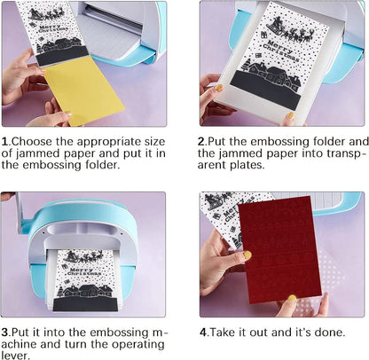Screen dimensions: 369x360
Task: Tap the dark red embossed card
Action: (279, 250)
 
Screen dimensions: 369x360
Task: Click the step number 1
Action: (4, 142)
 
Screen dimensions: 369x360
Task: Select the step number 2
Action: (201, 142)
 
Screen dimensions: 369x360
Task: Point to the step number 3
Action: (4, 333)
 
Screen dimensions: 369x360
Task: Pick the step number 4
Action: (203, 333)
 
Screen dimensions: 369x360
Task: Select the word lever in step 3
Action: (15, 356)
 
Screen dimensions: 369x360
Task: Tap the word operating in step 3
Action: (137, 345)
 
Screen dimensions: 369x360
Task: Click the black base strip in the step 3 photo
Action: (85, 304)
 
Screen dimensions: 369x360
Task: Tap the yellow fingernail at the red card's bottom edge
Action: (292, 298)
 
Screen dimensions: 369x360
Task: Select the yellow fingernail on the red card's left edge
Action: (247, 255)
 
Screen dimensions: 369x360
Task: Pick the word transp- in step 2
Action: (345, 153)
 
